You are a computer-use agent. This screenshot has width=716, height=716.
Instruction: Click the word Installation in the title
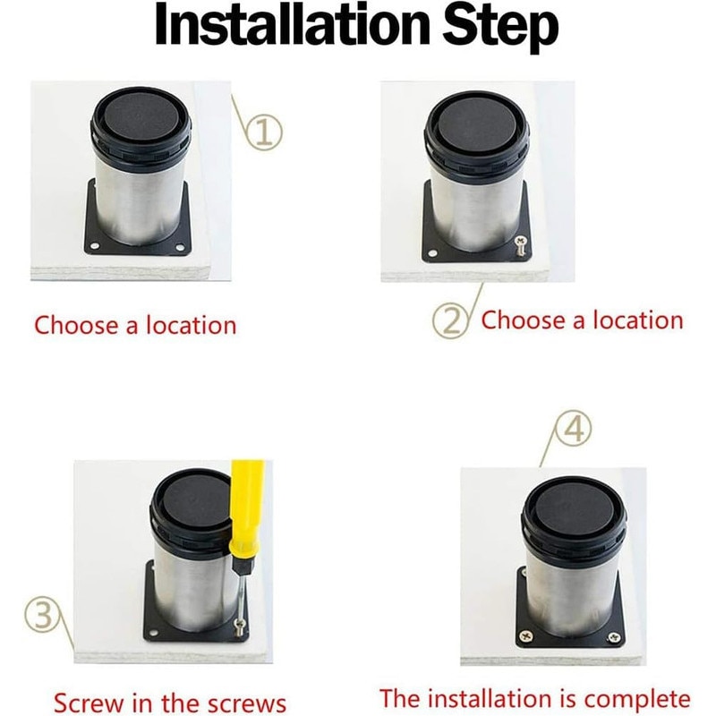(x=293, y=25)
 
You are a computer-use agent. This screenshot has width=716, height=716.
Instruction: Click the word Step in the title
(x=500, y=29)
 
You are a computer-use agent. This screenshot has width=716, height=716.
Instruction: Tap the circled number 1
(x=263, y=132)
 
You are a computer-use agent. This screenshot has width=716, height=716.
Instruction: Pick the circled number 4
(x=573, y=430)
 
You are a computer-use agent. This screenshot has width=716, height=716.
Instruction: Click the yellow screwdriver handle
(x=248, y=507)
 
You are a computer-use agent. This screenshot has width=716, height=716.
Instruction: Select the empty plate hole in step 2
(x=432, y=253)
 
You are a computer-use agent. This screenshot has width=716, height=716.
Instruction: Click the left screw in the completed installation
(x=527, y=635)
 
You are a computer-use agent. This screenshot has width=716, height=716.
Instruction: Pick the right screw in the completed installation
(x=615, y=637)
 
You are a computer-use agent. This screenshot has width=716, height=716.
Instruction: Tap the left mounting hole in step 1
(x=95, y=246)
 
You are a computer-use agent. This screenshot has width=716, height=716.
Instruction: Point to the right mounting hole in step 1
(x=180, y=248)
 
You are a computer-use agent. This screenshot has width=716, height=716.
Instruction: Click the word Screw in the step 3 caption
(x=89, y=702)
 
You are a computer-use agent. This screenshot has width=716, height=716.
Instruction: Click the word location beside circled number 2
(x=638, y=320)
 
